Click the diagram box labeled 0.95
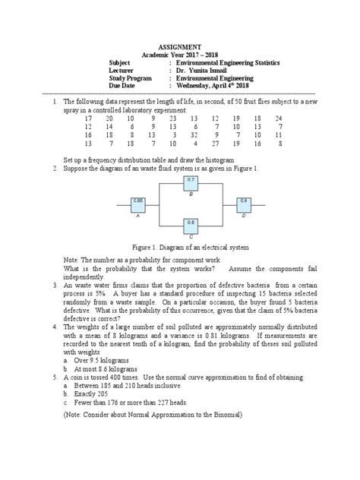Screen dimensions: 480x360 click(137, 203)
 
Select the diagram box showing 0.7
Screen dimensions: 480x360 click(191, 182)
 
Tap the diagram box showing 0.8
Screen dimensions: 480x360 click(191, 224)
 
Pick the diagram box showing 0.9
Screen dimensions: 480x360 click(244, 203)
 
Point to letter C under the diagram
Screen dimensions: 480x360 click(191, 237)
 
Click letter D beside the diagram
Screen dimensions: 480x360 click(244, 216)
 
